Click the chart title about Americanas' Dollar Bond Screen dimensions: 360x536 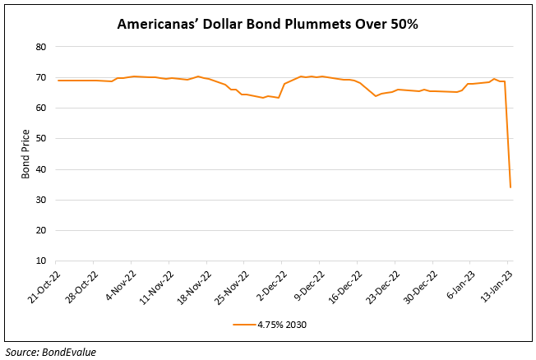[x=267, y=24]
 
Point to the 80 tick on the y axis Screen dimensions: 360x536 [x=39, y=47]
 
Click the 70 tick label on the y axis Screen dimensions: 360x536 [x=39, y=77]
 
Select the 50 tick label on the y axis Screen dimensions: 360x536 [x=39, y=139]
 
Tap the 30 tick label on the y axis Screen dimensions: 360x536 [x=39, y=200]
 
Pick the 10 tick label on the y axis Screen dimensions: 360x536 [x=39, y=261]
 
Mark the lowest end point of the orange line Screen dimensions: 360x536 [x=511, y=187]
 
